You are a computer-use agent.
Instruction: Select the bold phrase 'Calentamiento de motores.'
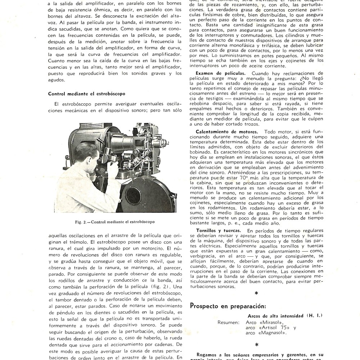[227, 132]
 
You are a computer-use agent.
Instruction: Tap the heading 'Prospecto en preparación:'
[228, 306]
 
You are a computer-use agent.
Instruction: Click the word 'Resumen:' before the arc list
[228, 322]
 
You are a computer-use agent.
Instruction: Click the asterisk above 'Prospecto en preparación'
[256, 293]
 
